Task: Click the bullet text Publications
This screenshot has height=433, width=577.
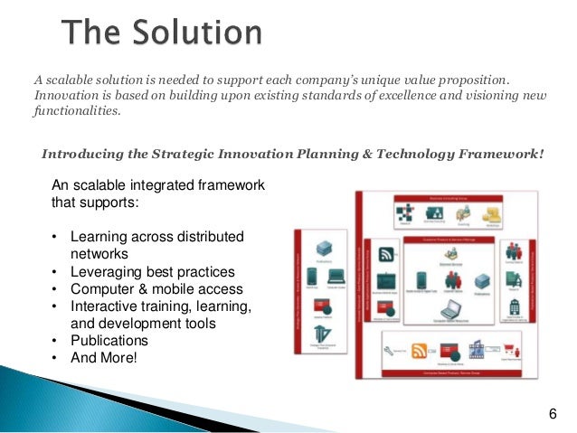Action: click(x=109, y=340)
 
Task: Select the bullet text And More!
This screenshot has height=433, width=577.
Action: click(x=105, y=357)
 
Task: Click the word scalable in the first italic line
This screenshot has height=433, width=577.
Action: click(x=73, y=80)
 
